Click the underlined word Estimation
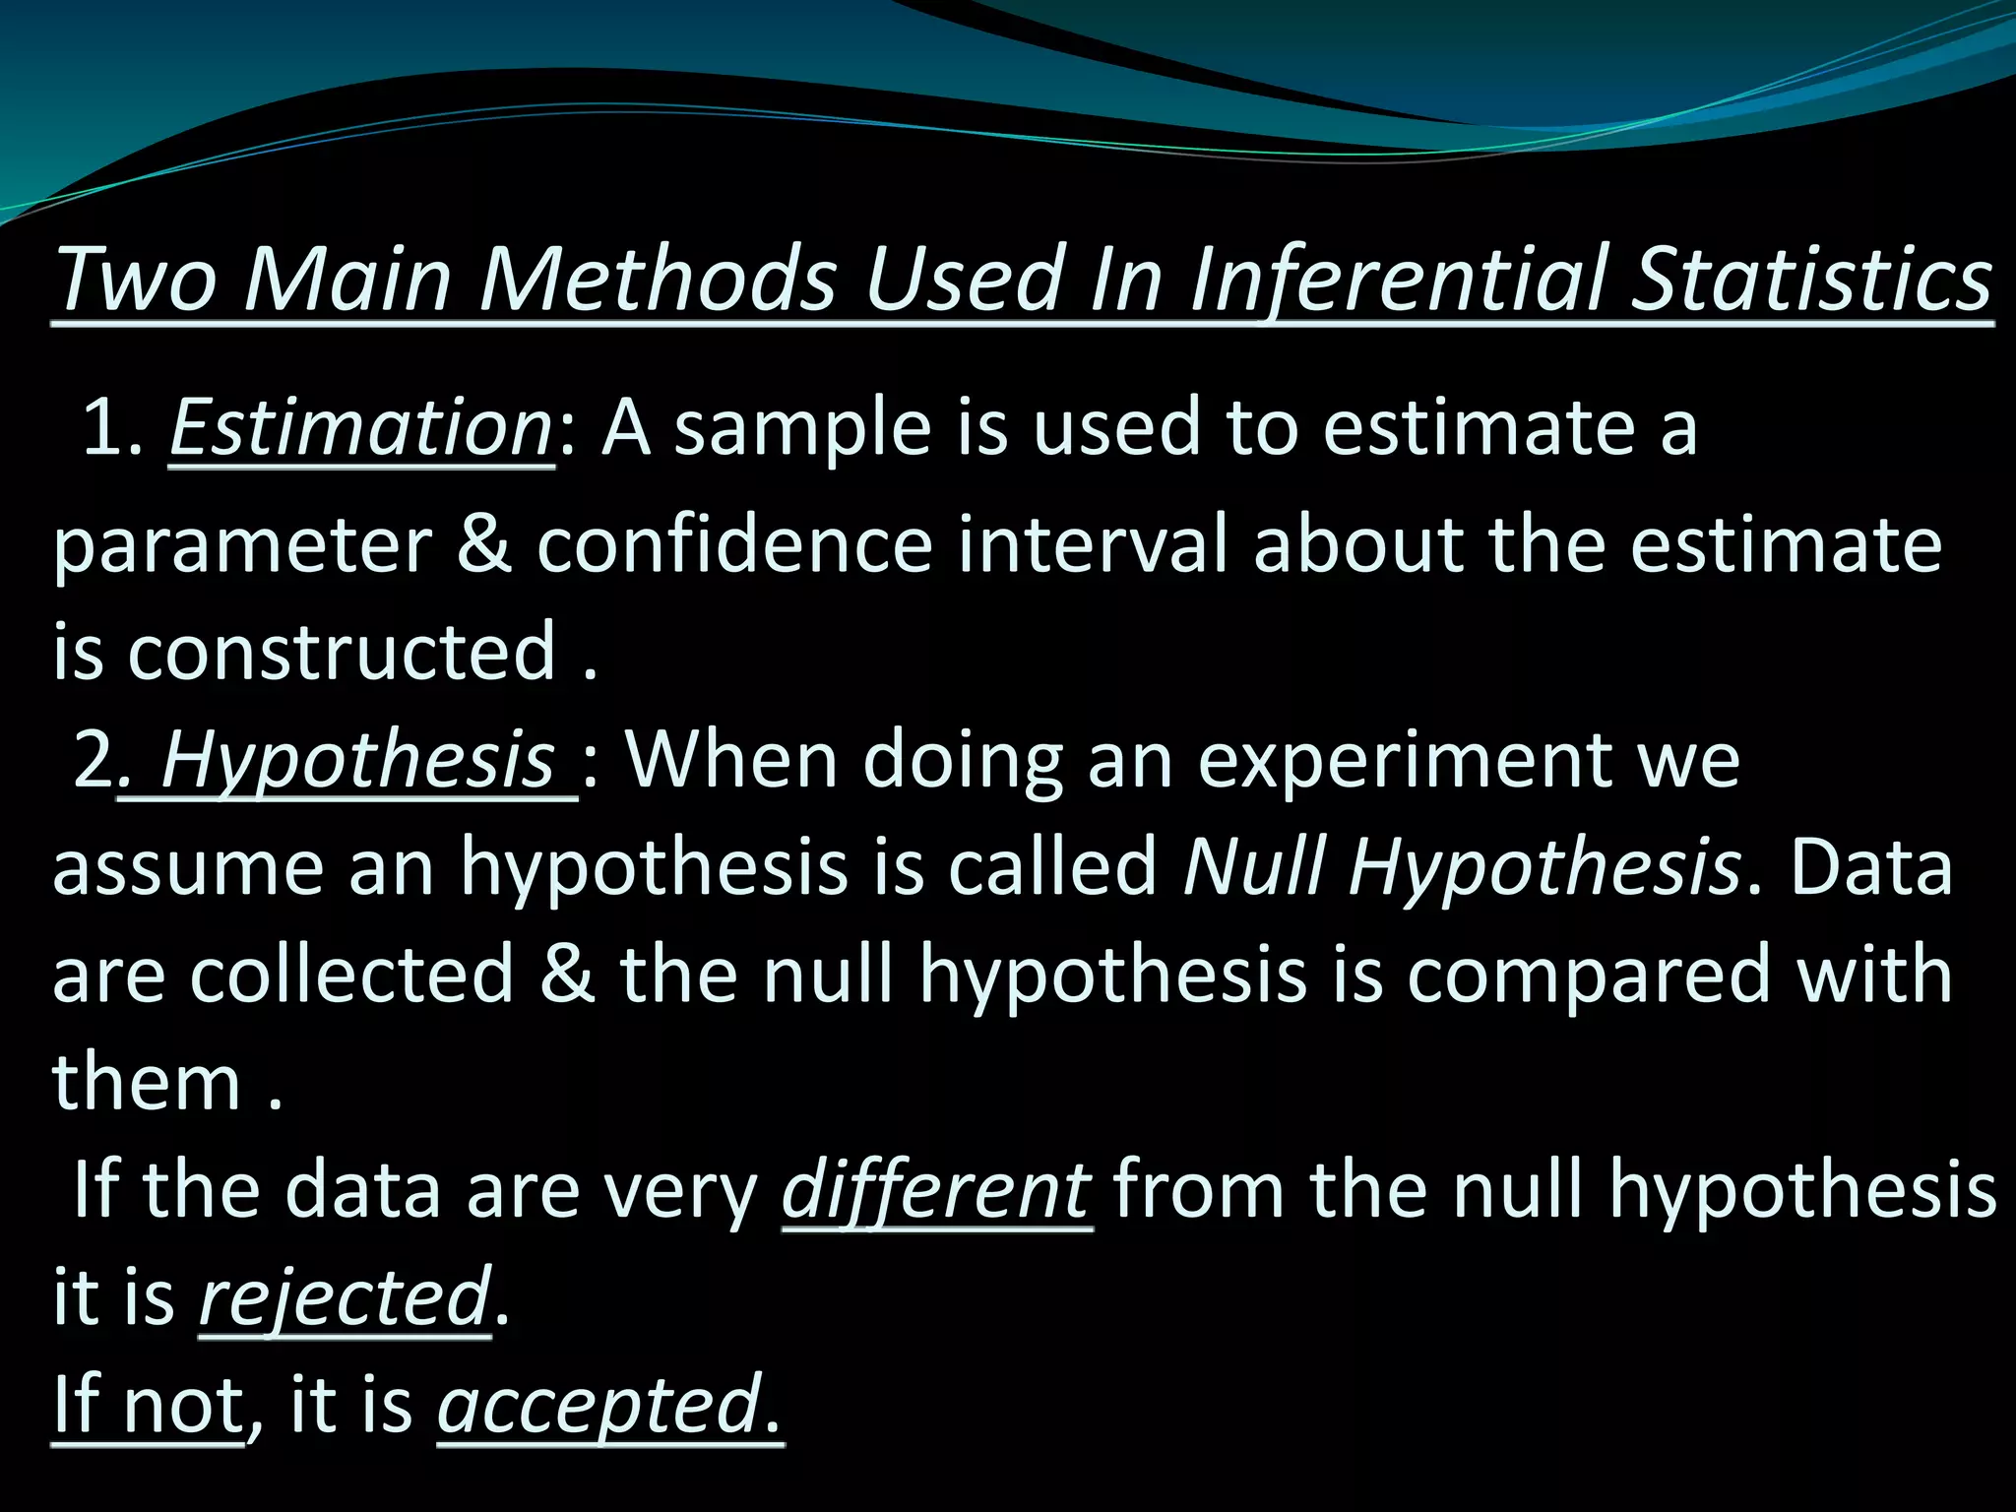click(361, 429)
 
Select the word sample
click(802, 429)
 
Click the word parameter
click(242, 546)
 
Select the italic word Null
click(1254, 867)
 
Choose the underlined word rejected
click(344, 1297)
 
